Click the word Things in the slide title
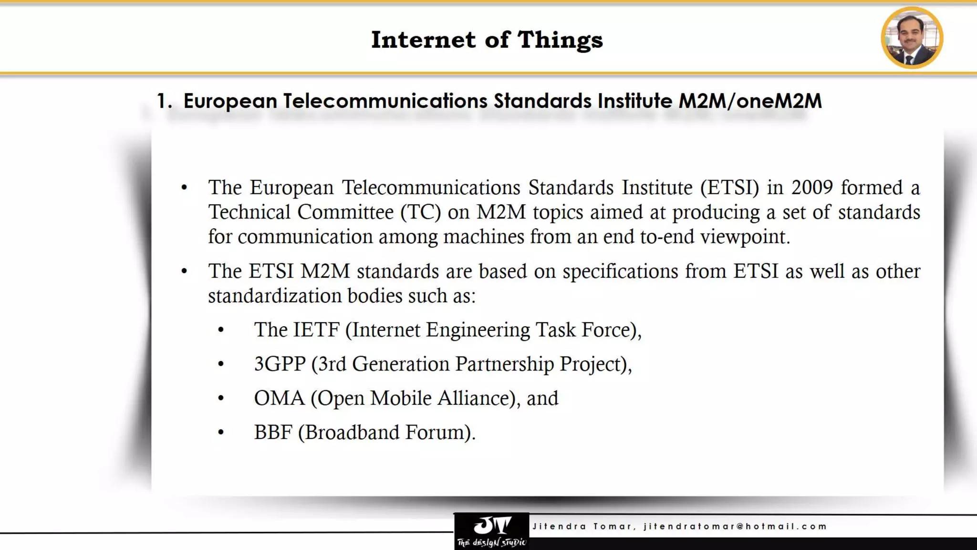(x=560, y=40)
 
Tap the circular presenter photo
(x=912, y=38)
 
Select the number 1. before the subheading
(x=164, y=101)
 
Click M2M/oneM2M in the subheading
(x=750, y=101)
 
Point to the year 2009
(x=812, y=188)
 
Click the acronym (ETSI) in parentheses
(x=729, y=188)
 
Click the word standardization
(x=274, y=296)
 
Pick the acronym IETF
(x=316, y=330)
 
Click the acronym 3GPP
(x=280, y=364)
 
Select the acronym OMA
(x=279, y=398)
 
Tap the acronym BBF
(x=273, y=433)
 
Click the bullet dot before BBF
(x=221, y=433)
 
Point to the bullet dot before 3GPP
(x=221, y=364)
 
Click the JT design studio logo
(x=491, y=531)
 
